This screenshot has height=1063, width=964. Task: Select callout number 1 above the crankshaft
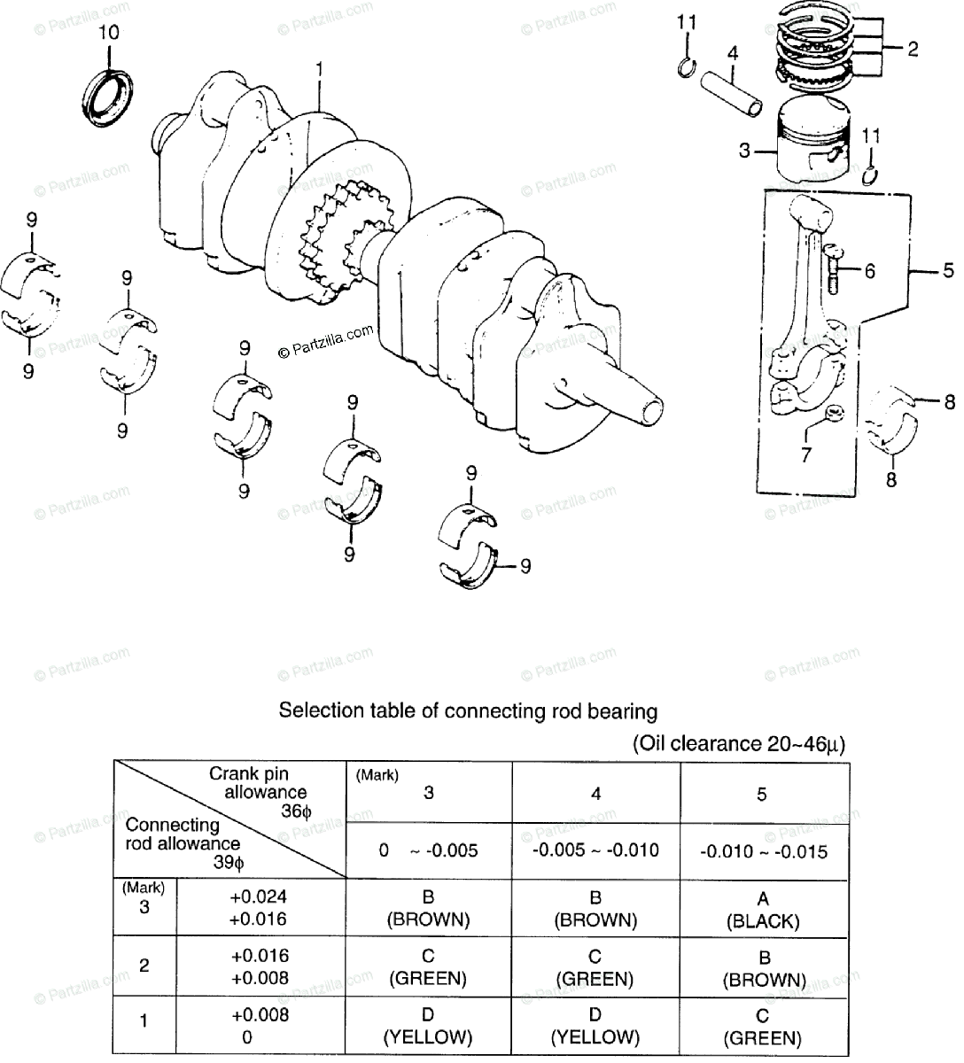pos(320,67)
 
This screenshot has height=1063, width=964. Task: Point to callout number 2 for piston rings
pos(913,49)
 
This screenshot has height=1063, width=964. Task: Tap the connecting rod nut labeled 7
pos(833,414)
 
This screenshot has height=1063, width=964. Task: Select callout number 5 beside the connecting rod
pos(947,270)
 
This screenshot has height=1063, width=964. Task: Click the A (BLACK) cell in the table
pos(762,909)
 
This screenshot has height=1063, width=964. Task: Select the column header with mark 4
pos(595,794)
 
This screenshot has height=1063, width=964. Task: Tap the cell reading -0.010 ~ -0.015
pos(763,852)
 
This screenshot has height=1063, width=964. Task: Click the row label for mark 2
pos(144,966)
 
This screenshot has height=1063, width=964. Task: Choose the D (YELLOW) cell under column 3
pos(428,1026)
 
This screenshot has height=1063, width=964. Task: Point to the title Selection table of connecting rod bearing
pos(468,710)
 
